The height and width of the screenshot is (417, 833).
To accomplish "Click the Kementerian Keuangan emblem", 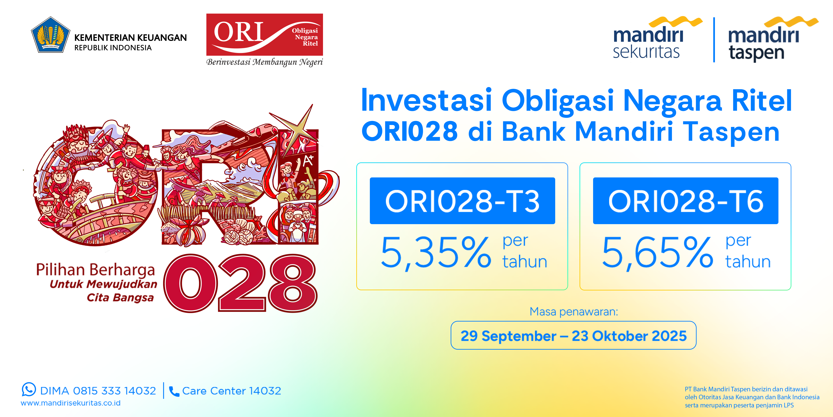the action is coord(50,35).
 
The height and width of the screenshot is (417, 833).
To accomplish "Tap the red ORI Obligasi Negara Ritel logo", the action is coord(264,35).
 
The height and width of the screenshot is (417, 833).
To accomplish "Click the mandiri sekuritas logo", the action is coord(656,38).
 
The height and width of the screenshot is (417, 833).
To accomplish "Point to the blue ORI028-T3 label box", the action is coord(462,201).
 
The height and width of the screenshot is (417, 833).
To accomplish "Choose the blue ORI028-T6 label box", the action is coord(686,201).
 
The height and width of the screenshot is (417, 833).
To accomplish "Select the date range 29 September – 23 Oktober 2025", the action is coord(573,336).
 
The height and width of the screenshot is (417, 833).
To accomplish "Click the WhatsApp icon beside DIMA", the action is coord(29,389).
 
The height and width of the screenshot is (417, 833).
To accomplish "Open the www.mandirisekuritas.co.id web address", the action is coord(71,403).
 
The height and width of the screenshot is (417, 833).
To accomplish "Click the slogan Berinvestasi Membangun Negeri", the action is coord(264,62).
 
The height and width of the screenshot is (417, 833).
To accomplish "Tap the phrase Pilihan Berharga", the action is coord(95,270).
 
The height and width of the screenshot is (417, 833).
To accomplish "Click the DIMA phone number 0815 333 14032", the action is coord(115,391).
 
